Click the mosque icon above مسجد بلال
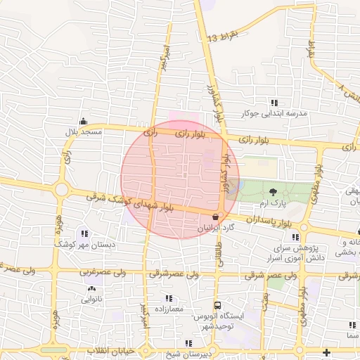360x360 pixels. coord(84,120)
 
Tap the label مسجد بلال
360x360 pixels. coord(84,131)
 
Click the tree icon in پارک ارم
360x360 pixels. coord(273,191)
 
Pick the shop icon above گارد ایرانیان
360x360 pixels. coord(214,217)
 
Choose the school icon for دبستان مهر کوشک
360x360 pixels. coord(85,233)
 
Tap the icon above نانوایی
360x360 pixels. coord(91,288)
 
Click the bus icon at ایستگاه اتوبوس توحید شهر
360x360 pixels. coord(218,306)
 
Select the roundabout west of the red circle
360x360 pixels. coord(62,189)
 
